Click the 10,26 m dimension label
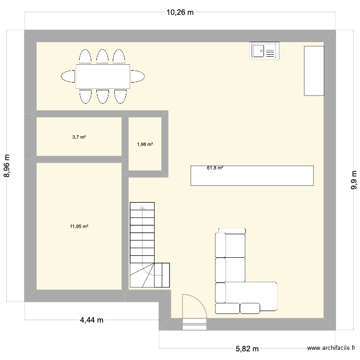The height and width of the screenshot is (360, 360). click(180, 12)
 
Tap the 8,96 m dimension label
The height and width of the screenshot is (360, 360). click(7, 166)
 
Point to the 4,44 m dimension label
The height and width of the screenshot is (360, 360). click(92, 320)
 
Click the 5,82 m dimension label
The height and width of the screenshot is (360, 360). click(247, 349)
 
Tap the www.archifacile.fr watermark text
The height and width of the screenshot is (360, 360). click(331, 348)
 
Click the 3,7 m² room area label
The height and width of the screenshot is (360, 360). click(79, 137)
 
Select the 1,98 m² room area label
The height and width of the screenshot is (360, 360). click(145, 144)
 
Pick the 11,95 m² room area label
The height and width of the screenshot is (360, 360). click(79, 227)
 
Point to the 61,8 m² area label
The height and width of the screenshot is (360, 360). click(215, 168)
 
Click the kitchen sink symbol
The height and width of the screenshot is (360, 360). click(264, 51)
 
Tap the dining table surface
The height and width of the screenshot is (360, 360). click(103, 76)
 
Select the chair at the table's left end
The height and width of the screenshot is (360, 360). click(68, 76)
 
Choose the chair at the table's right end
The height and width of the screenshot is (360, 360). click(138, 76)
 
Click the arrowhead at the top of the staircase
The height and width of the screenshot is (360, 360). click(142, 207)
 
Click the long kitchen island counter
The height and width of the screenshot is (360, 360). click(252, 176)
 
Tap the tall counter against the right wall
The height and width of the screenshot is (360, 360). click(314, 71)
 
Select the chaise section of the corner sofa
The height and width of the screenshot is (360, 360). click(246, 296)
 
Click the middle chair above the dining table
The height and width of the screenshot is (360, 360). click(102, 56)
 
